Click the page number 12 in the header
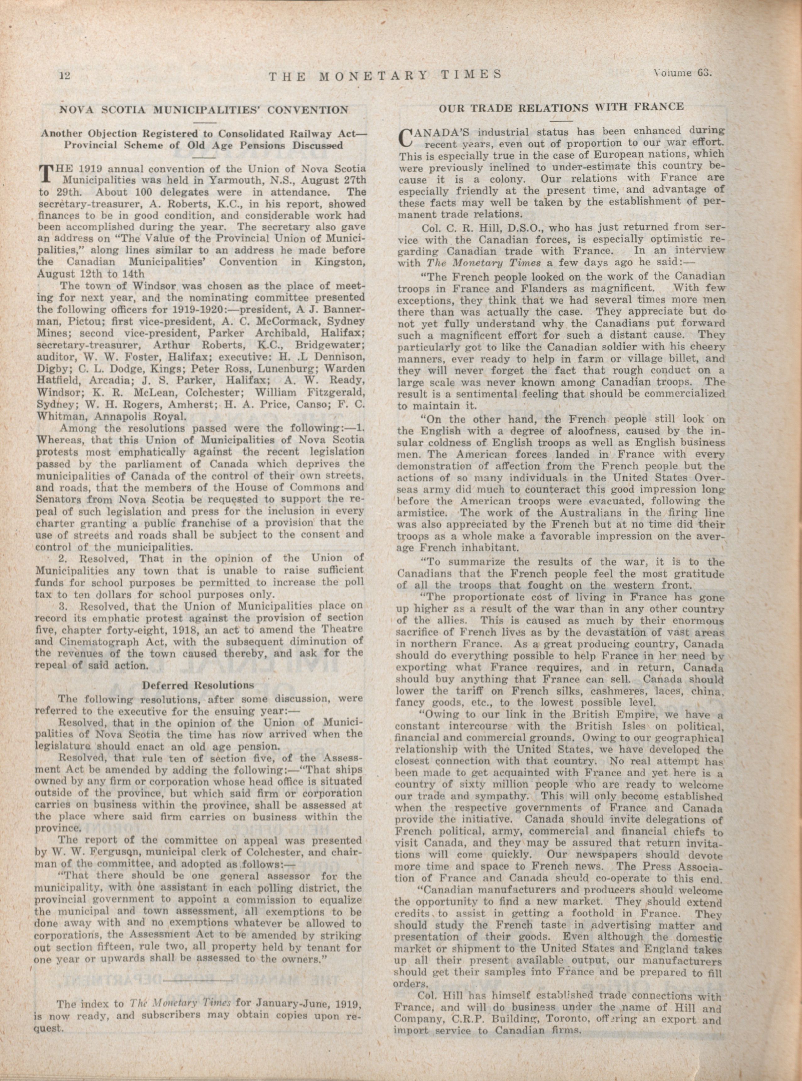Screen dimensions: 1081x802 point(65,75)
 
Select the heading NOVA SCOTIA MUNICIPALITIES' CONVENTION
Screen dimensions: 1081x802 point(203,110)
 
